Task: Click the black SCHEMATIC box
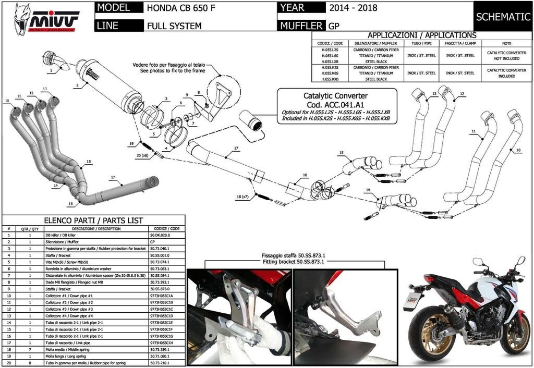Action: point(503,17)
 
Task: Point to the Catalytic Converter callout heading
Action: point(335,96)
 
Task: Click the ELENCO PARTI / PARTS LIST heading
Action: point(94,220)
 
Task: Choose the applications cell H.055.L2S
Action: point(330,50)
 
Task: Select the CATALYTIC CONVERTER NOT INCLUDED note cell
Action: point(507,56)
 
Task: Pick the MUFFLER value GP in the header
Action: point(334,26)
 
